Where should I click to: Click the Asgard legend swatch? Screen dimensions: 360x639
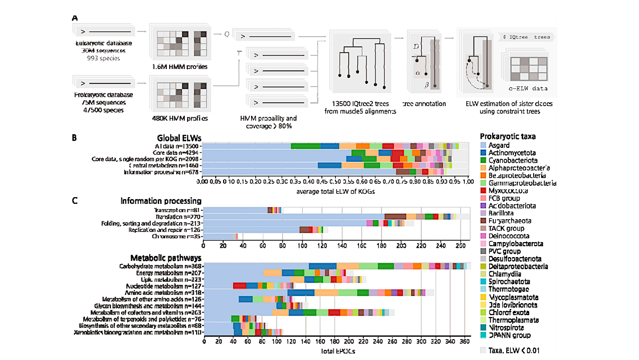tap(483, 145)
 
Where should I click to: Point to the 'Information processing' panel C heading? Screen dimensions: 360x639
tap(161, 201)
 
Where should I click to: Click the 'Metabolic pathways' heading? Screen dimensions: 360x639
tap(166, 258)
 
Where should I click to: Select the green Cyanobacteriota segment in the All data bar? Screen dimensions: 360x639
tap(306, 146)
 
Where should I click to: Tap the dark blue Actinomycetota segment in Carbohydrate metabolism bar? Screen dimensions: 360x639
tap(322, 266)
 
